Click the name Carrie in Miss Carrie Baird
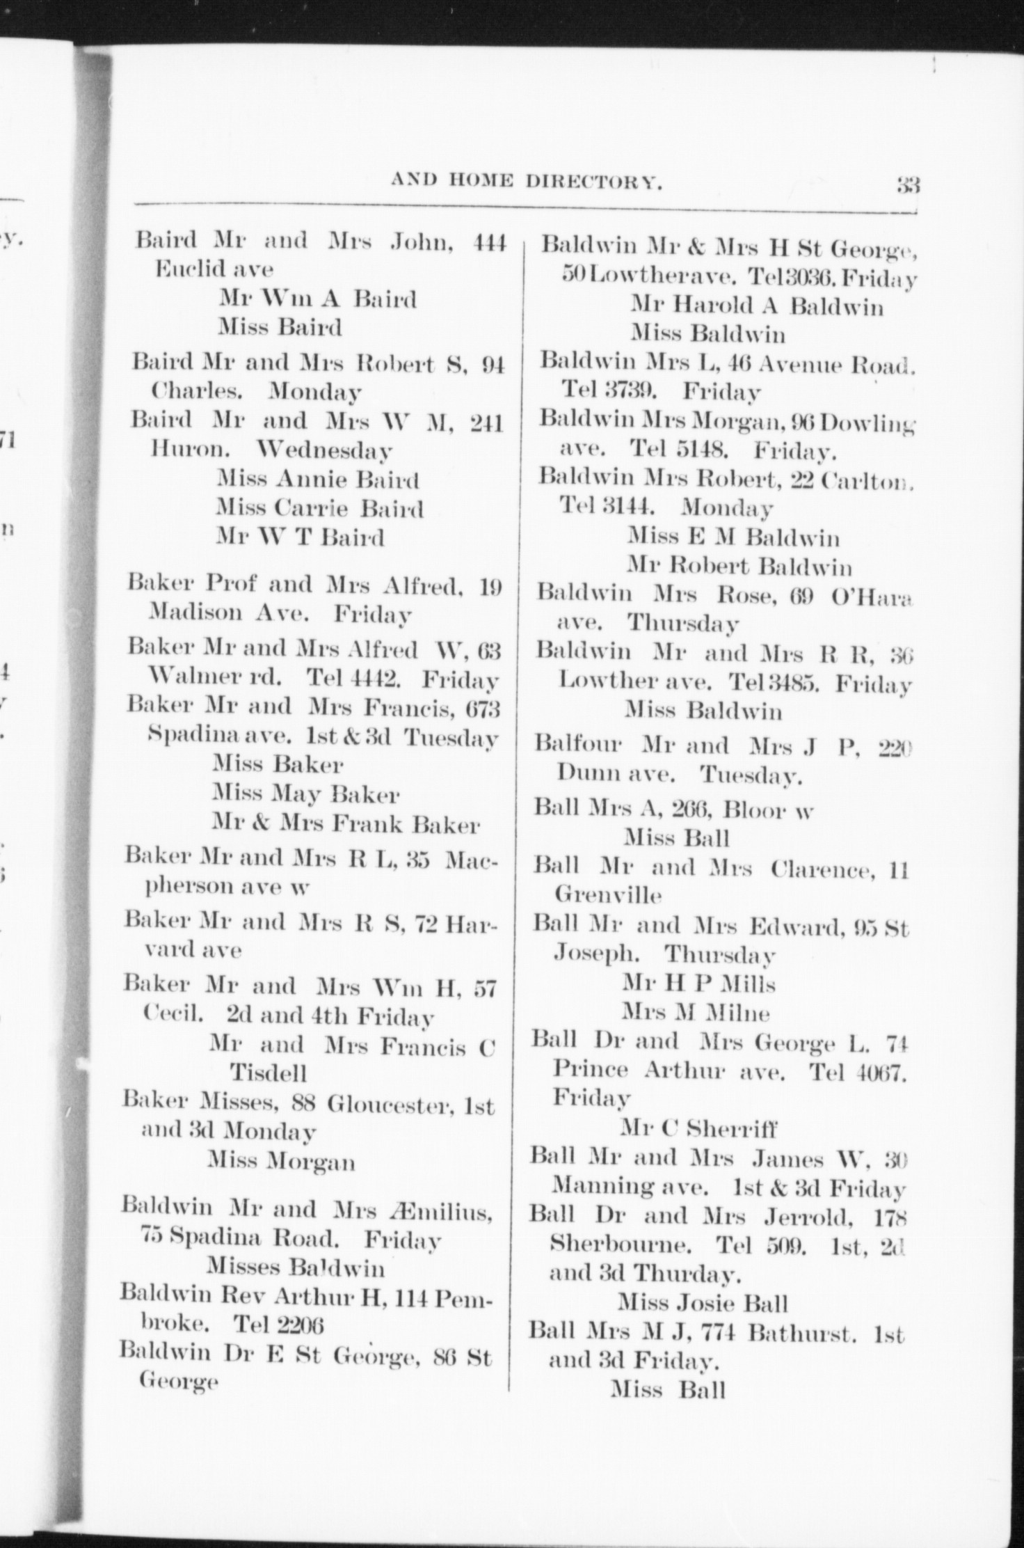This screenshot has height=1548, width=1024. [x=311, y=510]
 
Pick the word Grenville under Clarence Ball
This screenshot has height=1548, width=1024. [x=607, y=895]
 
